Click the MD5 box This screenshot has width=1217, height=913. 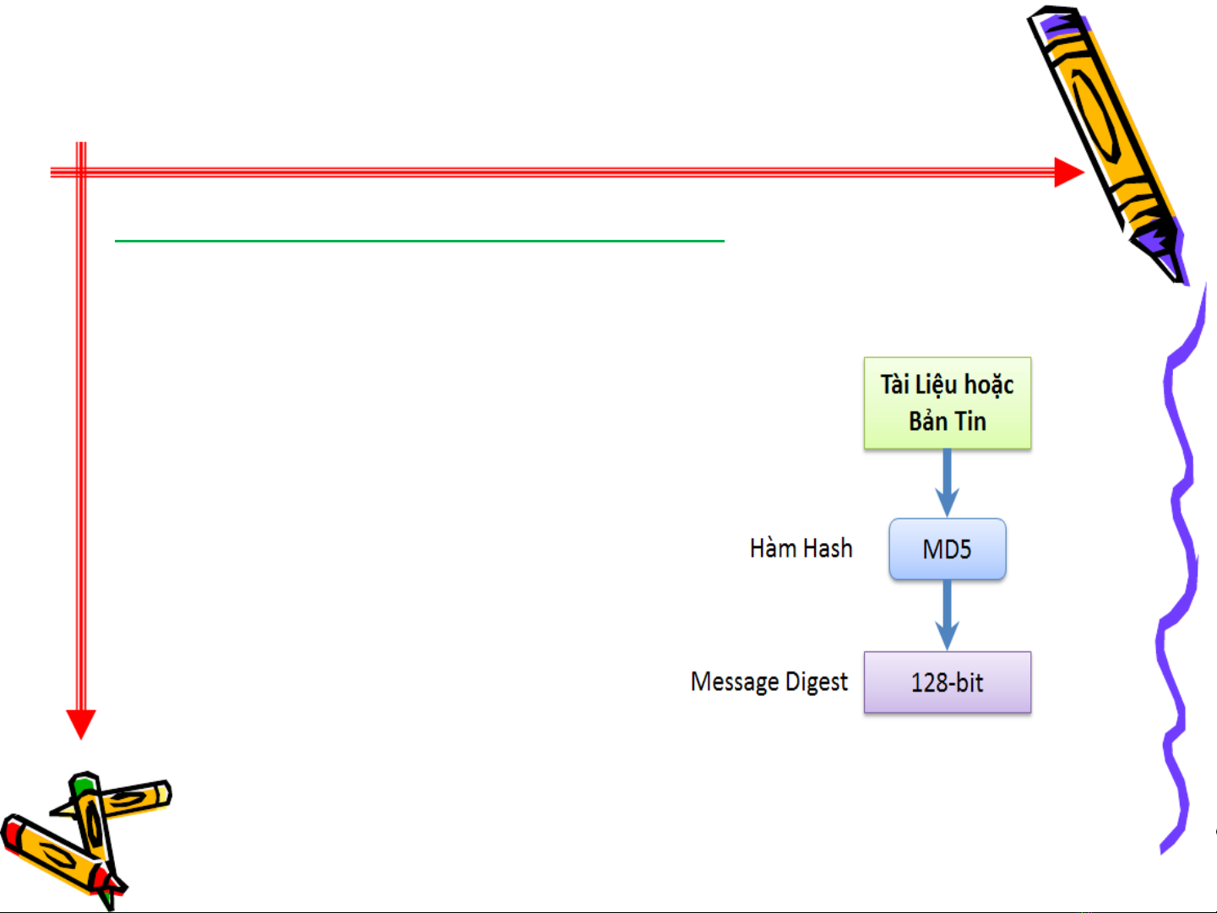click(x=947, y=549)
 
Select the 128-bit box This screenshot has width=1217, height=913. click(x=947, y=682)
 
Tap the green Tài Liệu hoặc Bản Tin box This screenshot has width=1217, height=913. click(x=947, y=403)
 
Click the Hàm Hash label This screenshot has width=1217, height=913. click(x=801, y=549)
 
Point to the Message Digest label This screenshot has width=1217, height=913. click(x=769, y=682)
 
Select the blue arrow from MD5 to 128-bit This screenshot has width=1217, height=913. click(x=947, y=617)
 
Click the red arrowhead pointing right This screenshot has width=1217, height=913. click(x=1068, y=172)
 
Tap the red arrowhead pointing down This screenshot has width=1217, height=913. click(x=81, y=724)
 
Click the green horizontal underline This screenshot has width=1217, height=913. click(x=419, y=242)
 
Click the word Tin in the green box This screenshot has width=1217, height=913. click(x=970, y=421)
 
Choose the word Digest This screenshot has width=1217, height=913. click(x=816, y=682)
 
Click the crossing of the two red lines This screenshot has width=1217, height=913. click(x=81, y=172)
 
